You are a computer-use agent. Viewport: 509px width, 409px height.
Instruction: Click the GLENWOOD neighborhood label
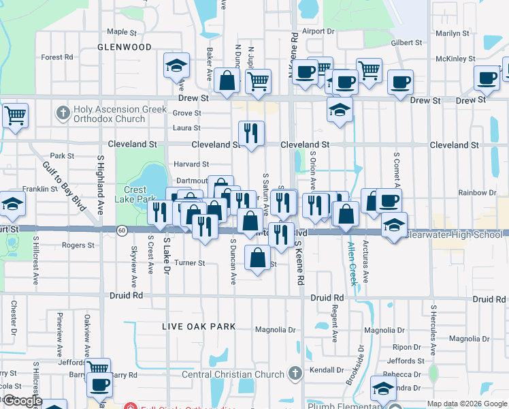tap(125, 47)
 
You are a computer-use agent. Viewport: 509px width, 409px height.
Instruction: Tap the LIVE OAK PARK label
tap(199, 327)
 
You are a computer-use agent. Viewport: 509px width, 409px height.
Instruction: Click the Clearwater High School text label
tap(454, 234)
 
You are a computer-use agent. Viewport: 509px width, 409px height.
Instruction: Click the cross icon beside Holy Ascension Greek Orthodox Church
tap(63, 112)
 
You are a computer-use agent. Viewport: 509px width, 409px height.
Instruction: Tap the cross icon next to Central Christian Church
tap(295, 373)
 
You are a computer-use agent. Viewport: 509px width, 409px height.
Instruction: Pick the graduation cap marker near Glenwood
tap(176, 65)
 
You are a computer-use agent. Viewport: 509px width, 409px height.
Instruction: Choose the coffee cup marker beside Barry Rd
tap(99, 384)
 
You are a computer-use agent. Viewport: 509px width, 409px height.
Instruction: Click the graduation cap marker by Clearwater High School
tap(394, 224)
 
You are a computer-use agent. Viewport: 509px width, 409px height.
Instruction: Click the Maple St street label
tap(122, 31)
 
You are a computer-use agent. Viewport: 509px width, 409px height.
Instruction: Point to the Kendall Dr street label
tap(323, 369)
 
